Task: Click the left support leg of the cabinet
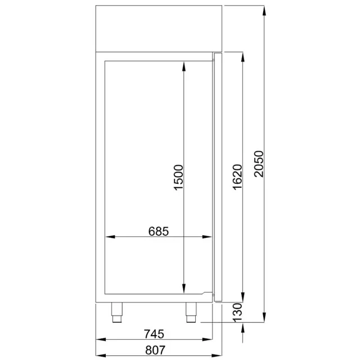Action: tap(117, 312)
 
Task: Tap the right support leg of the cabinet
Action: tap(190, 312)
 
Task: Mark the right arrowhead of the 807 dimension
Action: tap(220, 357)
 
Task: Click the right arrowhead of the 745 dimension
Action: tap(211, 340)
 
